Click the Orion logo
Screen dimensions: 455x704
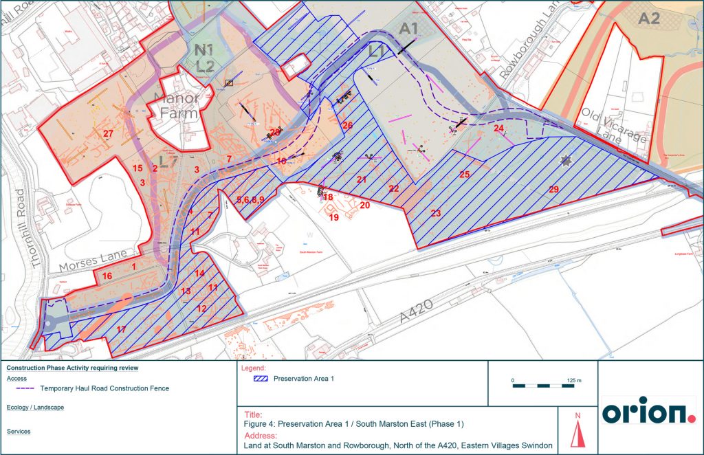click(649, 410)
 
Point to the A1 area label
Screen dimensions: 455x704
click(409, 28)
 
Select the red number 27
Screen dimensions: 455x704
click(108, 133)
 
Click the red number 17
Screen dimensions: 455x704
click(122, 330)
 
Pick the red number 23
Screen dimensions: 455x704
click(435, 213)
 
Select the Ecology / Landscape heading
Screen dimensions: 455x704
click(35, 408)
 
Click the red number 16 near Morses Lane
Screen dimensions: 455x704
click(107, 276)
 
